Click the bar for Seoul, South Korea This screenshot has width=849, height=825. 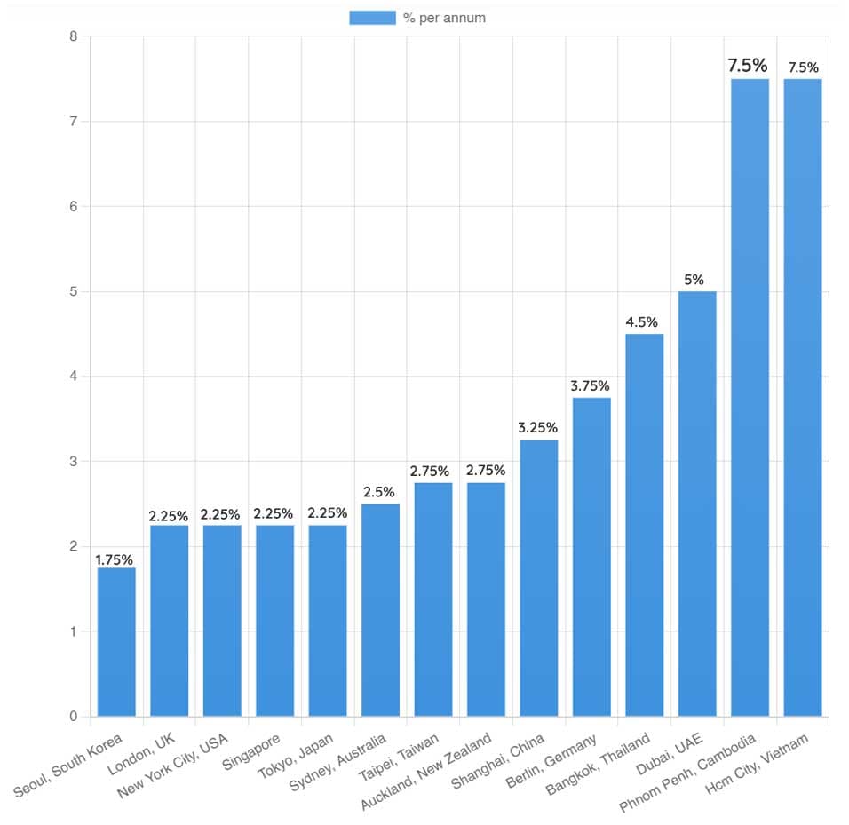point(116,641)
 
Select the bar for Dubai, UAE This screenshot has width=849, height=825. point(697,504)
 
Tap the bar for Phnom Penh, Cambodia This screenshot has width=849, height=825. point(750,397)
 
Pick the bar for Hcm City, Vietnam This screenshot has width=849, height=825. point(803,397)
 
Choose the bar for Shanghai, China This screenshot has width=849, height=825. point(539,577)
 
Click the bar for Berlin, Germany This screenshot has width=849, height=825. point(591,557)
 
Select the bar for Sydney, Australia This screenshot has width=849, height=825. point(380,609)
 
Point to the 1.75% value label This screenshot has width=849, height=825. point(114,559)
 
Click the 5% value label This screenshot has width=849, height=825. point(694,280)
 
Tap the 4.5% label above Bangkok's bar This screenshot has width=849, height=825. point(644,322)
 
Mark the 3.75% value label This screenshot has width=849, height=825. point(590,386)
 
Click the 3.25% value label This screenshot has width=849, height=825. point(537,428)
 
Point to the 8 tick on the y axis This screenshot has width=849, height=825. point(73,36)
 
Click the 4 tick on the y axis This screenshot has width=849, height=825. point(73,377)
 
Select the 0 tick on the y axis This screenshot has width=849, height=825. point(73,717)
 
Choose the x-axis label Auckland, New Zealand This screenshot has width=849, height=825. point(427,772)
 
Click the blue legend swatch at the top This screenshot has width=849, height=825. point(372,18)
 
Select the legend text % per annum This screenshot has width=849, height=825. point(444,18)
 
